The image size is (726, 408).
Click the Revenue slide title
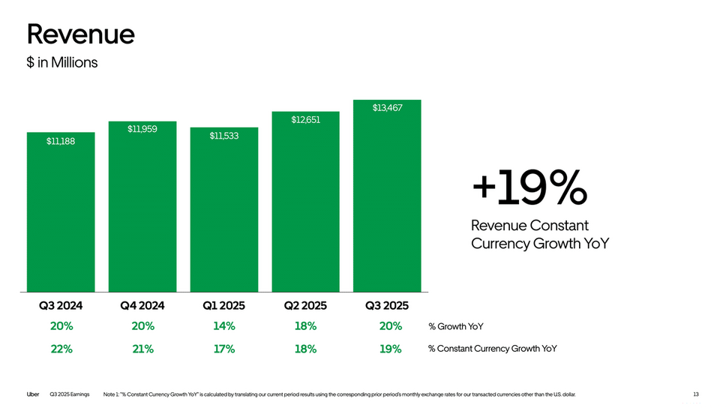pos(81,34)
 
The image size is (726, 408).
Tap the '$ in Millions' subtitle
pos(62,62)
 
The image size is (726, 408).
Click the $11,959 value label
pos(142,130)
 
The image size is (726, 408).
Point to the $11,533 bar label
pos(223,136)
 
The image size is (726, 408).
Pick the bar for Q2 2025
pos(305,202)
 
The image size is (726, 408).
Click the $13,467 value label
pos(388,108)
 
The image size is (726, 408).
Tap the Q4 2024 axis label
pos(142,305)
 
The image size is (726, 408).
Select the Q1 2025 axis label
pos(223,305)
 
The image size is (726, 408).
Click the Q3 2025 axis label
pos(387,305)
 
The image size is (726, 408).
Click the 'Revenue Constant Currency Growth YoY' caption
pos(540,234)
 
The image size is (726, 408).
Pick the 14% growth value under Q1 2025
pos(223,326)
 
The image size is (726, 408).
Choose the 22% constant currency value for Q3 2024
pos(61,349)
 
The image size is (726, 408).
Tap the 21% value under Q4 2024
pos(142,349)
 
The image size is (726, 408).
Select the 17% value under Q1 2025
pos(223,349)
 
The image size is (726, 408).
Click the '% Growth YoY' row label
pos(456,326)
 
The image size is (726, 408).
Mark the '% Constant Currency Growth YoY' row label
pos(493,349)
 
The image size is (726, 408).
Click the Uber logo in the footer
pos(33,394)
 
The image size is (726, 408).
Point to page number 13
pos(696,394)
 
